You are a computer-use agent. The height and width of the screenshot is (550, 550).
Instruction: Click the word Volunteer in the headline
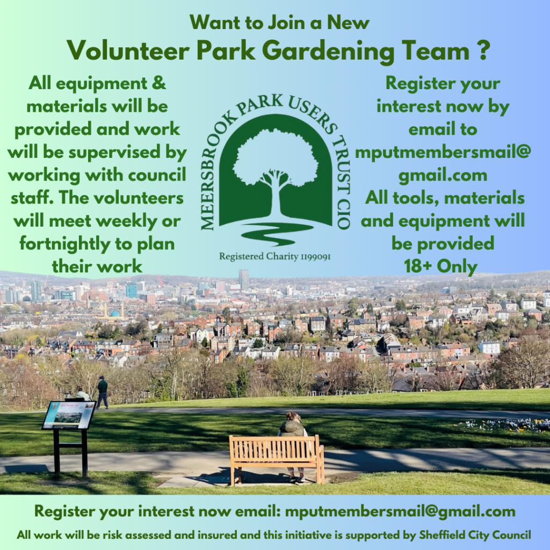point(128,51)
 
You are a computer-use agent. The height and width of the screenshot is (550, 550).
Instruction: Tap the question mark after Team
point(484,50)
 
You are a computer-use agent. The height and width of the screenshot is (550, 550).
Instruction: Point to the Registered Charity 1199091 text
point(275,256)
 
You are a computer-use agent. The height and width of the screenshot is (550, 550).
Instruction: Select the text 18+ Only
point(441,266)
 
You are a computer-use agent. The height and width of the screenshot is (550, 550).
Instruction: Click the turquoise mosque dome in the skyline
point(115,314)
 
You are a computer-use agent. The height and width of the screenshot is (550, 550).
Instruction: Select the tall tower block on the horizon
point(244,279)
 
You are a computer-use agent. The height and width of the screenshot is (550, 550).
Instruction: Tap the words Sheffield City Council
point(475,535)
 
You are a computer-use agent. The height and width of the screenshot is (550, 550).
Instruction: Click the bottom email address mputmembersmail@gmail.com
point(400,511)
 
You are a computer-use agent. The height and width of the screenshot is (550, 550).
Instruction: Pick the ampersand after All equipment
point(159,83)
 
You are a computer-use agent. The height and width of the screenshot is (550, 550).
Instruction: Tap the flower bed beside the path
point(505,425)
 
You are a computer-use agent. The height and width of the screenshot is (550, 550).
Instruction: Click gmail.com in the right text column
point(443,176)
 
